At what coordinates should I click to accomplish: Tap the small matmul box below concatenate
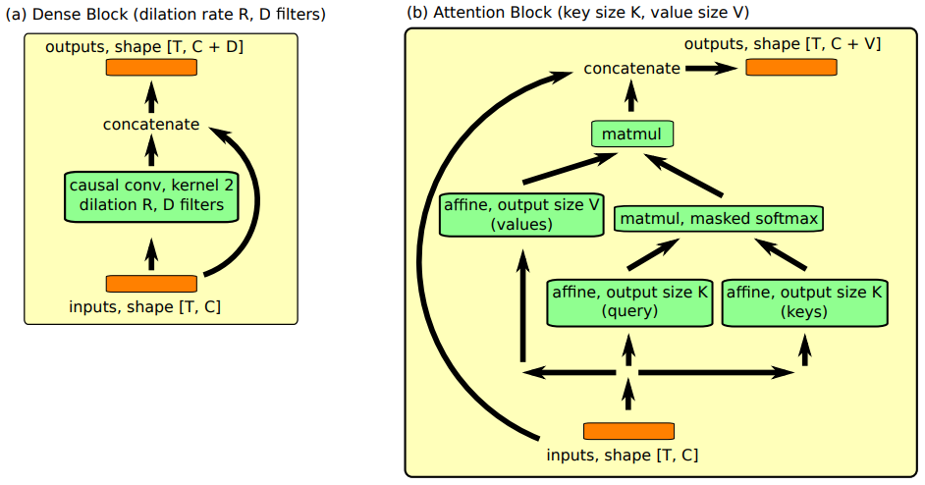[631, 134]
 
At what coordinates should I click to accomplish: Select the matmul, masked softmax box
[719, 218]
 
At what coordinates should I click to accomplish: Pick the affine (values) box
[521, 215]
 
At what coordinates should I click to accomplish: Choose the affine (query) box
[628, 302]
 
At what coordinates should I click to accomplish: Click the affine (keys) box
[804, 302]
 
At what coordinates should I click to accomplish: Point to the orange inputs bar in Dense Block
[151, 284]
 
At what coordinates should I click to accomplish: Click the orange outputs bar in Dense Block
[151, 68]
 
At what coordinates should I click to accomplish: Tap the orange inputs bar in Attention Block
[628, 431]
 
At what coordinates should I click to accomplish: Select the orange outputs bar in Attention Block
[791, 68]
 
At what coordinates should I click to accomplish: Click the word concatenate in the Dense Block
[151, 125]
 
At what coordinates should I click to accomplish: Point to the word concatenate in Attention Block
[631, 69]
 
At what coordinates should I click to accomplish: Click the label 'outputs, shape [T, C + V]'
[783, 43]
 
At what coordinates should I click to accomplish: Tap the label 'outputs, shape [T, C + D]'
[144, 46]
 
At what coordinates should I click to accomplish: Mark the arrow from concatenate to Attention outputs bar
[711, 69]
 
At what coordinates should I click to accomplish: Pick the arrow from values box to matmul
[570, 169]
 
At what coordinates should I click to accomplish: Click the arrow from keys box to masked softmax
[781, 254]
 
